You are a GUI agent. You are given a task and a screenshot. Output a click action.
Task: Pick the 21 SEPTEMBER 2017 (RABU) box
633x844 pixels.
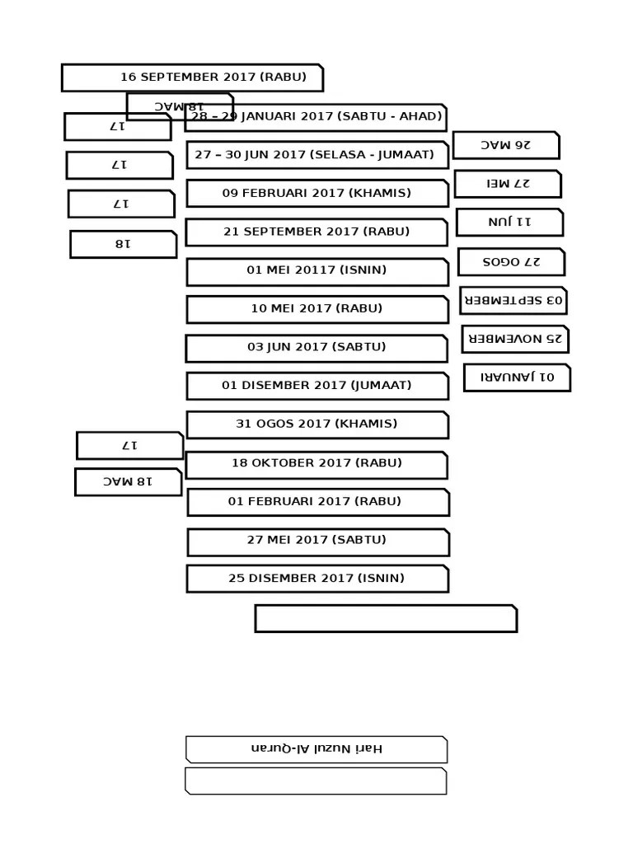316,232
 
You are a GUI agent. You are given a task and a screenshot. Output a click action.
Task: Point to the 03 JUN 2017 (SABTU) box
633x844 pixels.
316,348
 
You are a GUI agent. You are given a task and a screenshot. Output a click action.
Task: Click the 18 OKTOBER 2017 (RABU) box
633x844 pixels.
316,464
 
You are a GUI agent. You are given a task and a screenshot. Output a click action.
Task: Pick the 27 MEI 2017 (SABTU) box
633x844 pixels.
318,541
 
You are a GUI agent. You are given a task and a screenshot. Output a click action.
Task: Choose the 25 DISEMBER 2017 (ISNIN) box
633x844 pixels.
317,579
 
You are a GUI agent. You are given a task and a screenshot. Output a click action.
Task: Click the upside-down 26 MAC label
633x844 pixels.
506,145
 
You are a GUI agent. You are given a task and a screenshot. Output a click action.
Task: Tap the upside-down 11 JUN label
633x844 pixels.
509,223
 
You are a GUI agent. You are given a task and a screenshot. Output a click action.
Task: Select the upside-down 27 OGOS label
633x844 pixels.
511,262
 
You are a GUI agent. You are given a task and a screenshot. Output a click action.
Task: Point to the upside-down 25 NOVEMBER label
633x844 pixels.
515,339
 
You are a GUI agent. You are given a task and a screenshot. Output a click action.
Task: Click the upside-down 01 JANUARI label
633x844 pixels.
517,377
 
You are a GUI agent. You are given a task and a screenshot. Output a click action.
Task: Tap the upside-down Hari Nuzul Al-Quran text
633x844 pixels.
316,749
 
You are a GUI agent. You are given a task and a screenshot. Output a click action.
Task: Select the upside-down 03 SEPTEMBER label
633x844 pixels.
513,300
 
